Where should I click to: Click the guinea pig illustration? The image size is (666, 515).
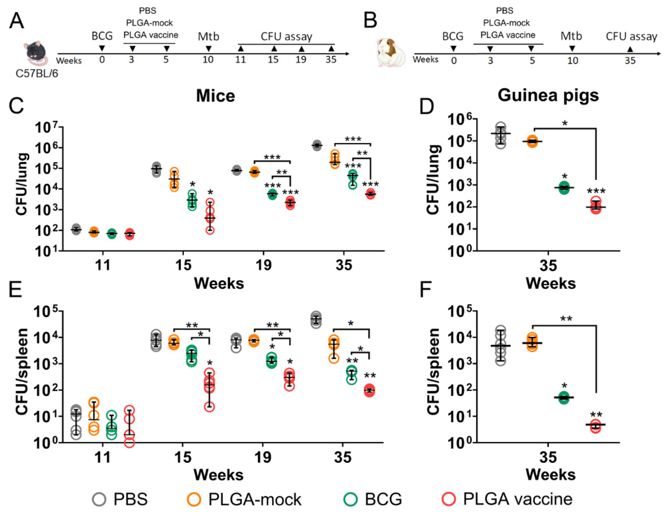pyautogui.click(x=391, y=52)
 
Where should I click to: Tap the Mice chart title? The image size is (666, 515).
pyautogui.click(x=215, y=96)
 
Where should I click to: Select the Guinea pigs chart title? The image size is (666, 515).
pyautogui.click(x=548, y=95)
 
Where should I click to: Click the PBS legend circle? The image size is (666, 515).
pyautogui.click(x=99, y=499)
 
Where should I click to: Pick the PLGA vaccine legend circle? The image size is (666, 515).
pyautogui.click(x=449, y=499)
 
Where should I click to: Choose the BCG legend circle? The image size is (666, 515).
pyautogui.click(x=350, y=499)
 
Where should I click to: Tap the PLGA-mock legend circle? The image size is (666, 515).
pyautogui.click(x=194, y=499)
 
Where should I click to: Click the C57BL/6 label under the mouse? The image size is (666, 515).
pyautogui.click(x=37, y=74)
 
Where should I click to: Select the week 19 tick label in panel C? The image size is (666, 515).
pyautogui.click(x=263, y=265)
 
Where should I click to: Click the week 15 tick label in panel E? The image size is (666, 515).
pyautogui.click(x=183, y=457)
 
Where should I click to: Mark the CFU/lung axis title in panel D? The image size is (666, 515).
pyautogui.click(x=433, y=180)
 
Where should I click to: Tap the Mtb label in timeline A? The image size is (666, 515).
pyautogui.click(x=208, y=37)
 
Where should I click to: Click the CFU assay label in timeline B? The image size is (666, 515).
pyautogui.click(x=631, y=37)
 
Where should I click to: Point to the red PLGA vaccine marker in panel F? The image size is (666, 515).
pyautogui.click(x=596, y=426)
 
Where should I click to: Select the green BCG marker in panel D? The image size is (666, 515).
pyautogui.click(x=564, y=187)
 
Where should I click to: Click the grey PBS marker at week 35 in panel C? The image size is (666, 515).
pyautogui.click(x=317, y=145)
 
